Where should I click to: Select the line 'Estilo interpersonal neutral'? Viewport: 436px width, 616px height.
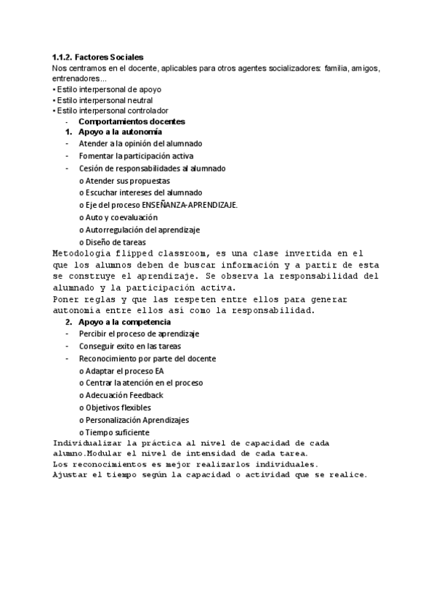click(x=102, y=100)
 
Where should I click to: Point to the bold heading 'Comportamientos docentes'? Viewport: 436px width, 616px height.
click(x=132, y=121)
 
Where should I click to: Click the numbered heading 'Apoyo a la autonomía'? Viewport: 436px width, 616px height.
click(x=120, y=132)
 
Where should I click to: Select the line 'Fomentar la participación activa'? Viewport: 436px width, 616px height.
click(x=136, y=156)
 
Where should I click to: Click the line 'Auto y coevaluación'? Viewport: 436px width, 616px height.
click(x=121, y=217)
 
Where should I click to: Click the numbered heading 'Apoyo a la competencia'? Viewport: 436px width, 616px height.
click(x=124, y=322)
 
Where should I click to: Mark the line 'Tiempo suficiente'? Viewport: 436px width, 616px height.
click(x=117, y=432)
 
